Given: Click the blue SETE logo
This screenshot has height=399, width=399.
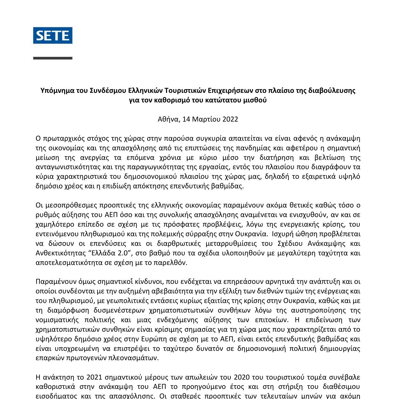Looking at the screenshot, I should click(53, 35).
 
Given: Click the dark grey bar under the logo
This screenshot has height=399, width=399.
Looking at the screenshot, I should click(53, 58).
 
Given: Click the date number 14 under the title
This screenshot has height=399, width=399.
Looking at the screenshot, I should click(186, 119).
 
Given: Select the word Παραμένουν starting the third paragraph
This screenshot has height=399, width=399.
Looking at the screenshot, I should click(54, 282).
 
